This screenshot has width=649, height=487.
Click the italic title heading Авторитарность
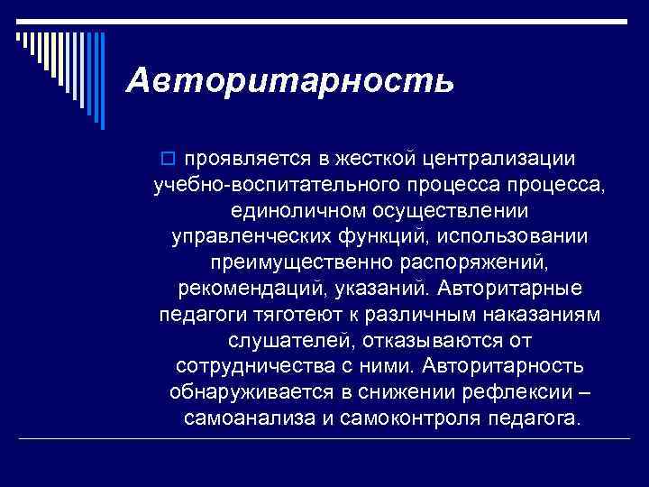pyautogui.click(x=290, y=81)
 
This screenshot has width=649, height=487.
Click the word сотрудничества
pyautogui.click(x=242, y=368)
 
